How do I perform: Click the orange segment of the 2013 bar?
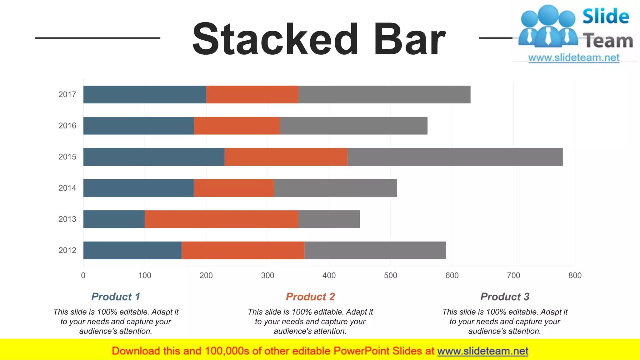pos(221,219)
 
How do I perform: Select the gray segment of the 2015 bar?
pos(455,157)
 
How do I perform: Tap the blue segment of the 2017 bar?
pos(144,94)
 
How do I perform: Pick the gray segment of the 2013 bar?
pos(329,219)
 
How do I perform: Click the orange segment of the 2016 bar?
pos(237,126)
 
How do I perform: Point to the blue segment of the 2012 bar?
pos(132,250)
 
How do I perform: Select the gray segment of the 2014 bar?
pos(335,188)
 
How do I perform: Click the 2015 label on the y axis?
pos(67,157)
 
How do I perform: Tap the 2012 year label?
pos(67,250)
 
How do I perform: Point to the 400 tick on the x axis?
pos(329,275)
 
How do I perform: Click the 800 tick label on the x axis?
pos(575,275)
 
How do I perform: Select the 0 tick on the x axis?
pos(83,275)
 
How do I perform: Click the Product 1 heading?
pos(116,297)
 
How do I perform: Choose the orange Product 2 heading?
pos(310,297)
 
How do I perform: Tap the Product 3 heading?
pos(505,297)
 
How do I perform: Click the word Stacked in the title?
pos(275,40)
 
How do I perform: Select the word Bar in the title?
pos(409,40)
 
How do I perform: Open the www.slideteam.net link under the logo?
pos(574,58)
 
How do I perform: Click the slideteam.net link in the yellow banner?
pos(482,351)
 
